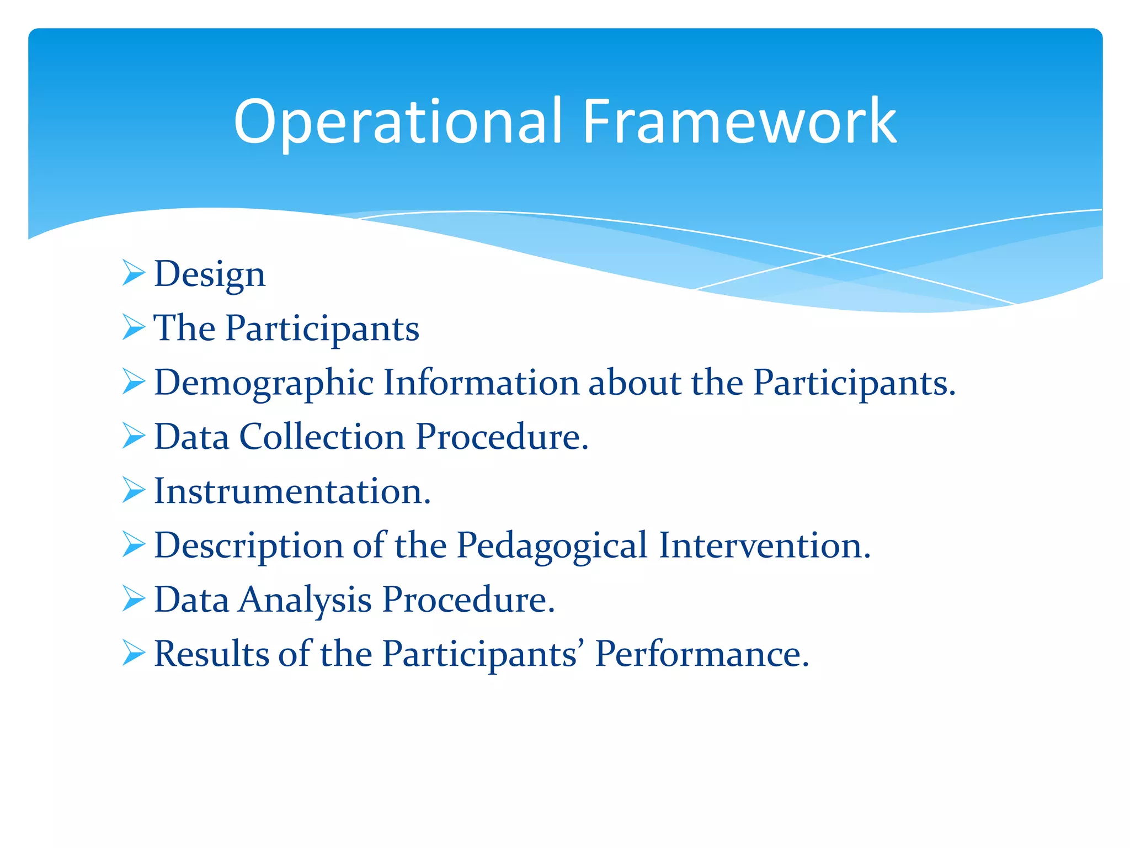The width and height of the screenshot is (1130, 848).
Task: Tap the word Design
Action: point(210,274)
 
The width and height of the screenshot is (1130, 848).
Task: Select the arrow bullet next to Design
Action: point(134,273)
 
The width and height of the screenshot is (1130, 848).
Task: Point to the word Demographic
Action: point(264,383)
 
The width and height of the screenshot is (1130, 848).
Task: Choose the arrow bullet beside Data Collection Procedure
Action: point(134,436)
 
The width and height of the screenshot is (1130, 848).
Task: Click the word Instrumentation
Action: point(291,491)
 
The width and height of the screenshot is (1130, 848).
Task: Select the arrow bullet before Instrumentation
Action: point(134,490)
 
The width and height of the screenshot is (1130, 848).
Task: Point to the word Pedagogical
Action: point(552,545)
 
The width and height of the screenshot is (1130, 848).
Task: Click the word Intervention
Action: point(764,545)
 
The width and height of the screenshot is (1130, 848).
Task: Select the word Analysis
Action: point(305,600)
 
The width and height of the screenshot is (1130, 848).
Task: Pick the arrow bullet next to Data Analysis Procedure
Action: point(134,598)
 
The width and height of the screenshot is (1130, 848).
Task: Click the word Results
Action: point(211,654)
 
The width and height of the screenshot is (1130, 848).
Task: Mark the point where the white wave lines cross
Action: point(826,256)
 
